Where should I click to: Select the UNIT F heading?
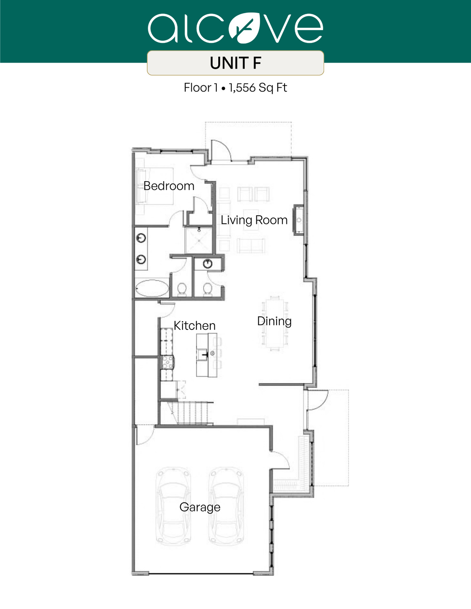click(235, 63)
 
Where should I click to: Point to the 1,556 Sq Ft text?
click(258, 88)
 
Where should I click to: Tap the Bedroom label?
click(169, 186)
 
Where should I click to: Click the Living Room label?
click(254, 220)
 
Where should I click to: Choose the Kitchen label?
click(194, 326)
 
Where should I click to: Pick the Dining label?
click(274, 321)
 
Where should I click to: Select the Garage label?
click(200, 507)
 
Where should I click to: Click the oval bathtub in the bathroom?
click(152, 288)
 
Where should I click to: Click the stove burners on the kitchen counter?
click(167, 362)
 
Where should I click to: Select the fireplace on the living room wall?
click(298, 220)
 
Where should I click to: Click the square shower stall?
click(199, 240)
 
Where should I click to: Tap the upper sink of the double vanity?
click(141, 238)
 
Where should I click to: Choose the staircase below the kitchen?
click(190, 413)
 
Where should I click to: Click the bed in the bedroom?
click(155, 186)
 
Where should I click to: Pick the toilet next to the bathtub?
click(182, 289)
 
